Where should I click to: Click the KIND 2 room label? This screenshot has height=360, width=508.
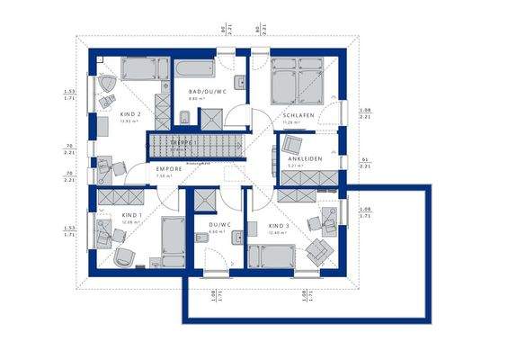tap(130, 114)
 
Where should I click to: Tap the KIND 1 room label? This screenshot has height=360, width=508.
tap(131, 216)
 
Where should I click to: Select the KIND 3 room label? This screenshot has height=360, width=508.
tap(280, 225)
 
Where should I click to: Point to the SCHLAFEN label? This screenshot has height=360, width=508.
tap(297, 116)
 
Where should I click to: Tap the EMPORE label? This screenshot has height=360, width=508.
tap(169, 168)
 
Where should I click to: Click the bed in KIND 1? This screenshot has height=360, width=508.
tap(171, 239)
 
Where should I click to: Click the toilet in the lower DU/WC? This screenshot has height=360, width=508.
tap(198, 238)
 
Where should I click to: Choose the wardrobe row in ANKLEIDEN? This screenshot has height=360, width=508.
tap(309, 175)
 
